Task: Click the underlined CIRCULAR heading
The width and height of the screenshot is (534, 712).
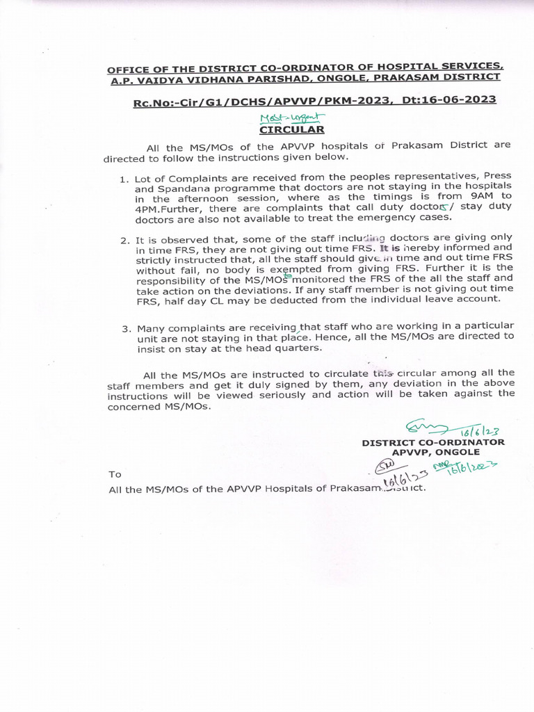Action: click(x=291, y=129)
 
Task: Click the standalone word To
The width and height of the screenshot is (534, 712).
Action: click(x=115, y=474)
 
